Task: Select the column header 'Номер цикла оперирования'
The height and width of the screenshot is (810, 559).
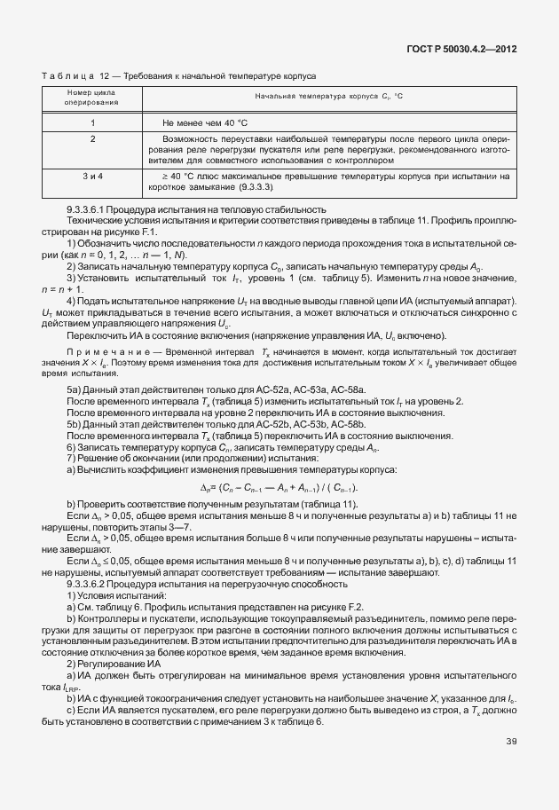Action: (x=92, y=98)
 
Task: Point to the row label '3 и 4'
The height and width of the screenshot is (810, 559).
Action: (x=93, y=176)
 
